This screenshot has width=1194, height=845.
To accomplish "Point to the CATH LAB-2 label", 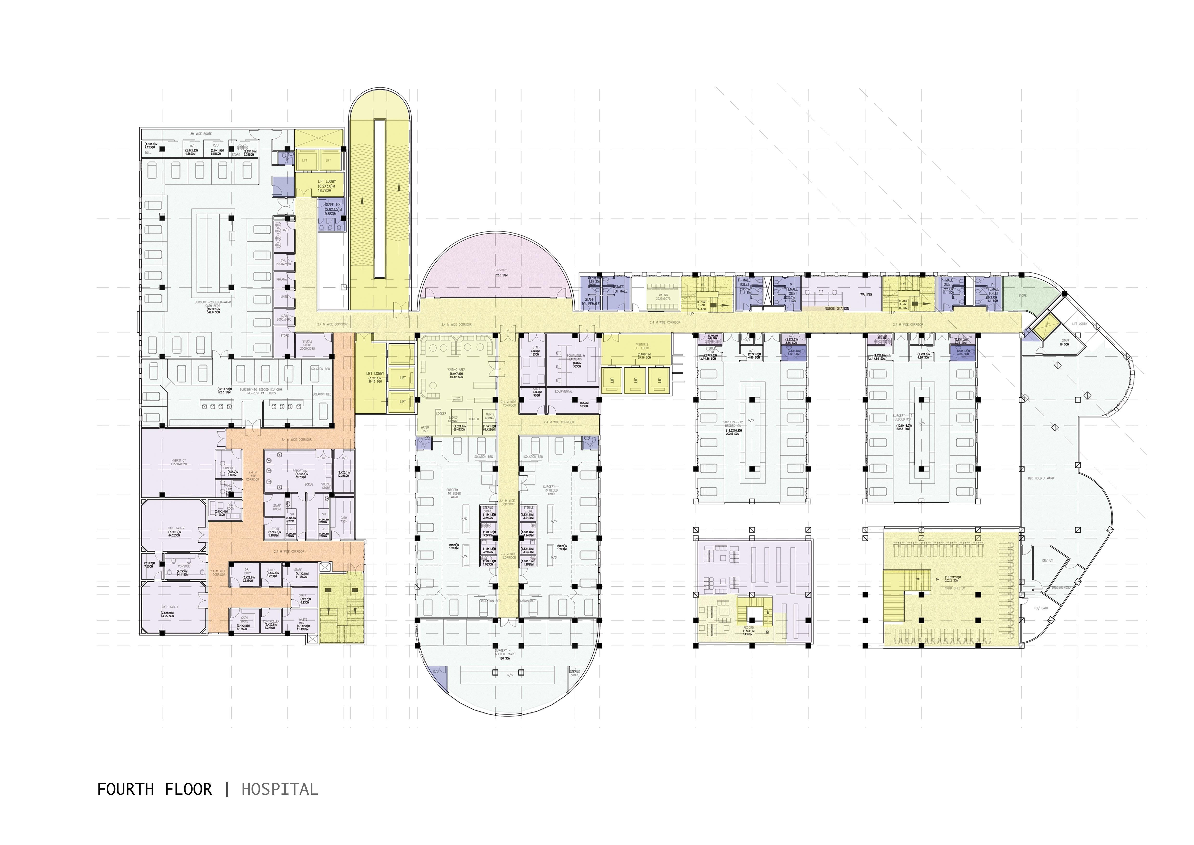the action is click(174, 528).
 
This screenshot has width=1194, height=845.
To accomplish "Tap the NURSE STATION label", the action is click(837, 309).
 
